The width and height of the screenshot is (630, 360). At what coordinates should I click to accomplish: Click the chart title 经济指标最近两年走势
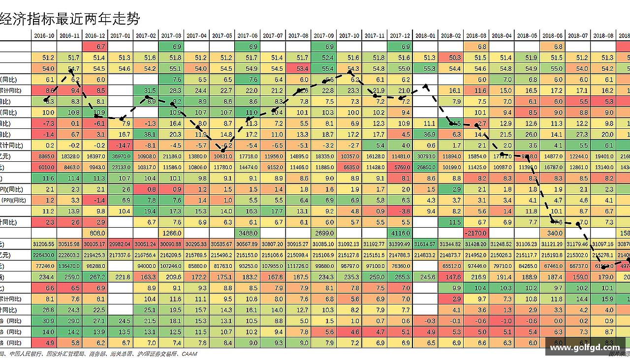point(70,19)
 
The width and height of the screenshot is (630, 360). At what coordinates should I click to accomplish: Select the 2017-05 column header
point(222,35)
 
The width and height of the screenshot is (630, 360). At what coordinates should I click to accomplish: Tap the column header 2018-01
point(425,35)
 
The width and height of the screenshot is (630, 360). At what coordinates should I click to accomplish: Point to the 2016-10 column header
point(44,35)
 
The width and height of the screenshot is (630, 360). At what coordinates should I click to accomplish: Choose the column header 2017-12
point(400,35)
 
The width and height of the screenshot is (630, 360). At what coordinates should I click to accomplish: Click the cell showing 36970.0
point(121,156)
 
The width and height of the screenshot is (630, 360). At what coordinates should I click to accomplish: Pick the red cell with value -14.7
point(121,145)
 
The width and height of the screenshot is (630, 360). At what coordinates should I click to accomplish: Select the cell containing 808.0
point(95,233)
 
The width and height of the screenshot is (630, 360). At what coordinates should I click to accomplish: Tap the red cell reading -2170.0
point(476,233)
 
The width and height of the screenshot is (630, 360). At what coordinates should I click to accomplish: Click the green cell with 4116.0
point(400,233)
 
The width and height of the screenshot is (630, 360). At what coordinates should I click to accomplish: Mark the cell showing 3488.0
point(248,233)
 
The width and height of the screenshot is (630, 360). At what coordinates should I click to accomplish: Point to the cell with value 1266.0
point(171,233)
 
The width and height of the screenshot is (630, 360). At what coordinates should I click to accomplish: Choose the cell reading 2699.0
point(323,233)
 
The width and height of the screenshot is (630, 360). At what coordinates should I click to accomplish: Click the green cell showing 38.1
point(146,134)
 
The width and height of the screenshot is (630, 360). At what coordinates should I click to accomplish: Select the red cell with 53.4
point(298,68)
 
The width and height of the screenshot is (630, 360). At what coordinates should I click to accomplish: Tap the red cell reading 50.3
point(451,58)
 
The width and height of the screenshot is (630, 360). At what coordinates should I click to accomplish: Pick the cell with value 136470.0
point(69,266)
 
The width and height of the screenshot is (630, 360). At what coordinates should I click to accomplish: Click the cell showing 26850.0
point(425,167)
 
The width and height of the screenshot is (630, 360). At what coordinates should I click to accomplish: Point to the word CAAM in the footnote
point(189,354)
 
